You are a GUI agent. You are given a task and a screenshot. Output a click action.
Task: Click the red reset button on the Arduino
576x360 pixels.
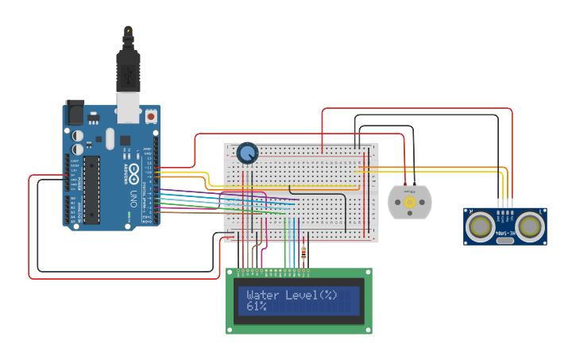[x=150, y=116]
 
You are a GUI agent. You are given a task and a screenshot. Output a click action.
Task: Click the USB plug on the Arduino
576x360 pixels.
[x=128, y=75]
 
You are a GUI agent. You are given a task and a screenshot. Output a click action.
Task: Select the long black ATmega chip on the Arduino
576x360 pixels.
[x=92, y=190]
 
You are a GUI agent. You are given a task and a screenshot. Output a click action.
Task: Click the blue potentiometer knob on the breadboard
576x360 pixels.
[x=248, y=152]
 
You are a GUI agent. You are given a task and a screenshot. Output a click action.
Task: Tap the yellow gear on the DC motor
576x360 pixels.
[x=410, y=203]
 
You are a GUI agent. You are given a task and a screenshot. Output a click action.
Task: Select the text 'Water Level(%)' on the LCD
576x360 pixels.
[x=292, y=295]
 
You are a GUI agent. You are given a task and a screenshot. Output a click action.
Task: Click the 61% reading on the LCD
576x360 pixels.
[x=256, y=306]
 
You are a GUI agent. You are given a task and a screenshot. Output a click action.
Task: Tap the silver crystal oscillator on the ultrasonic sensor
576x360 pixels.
[x=505, y=238]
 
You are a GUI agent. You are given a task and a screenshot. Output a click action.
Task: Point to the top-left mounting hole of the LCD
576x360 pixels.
[x=231, y=273]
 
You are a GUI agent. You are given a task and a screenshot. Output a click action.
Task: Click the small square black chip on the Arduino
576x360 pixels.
[x=125, y=141]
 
